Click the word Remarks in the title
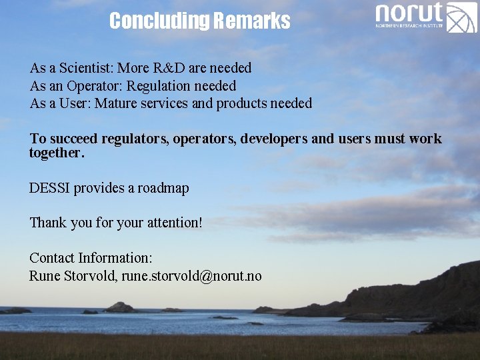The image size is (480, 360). (x=251, y=21)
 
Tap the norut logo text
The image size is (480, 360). (x=409, y=12)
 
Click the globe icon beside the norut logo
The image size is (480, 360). (x=461, y=17)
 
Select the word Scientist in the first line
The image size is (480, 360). (x=87, y=68)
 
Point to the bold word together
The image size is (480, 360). (x=57, y=153)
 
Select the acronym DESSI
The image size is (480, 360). (x=49, y=188)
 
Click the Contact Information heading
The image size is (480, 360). (x=91, y=258)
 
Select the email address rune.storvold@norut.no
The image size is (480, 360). (x=191, y=276)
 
